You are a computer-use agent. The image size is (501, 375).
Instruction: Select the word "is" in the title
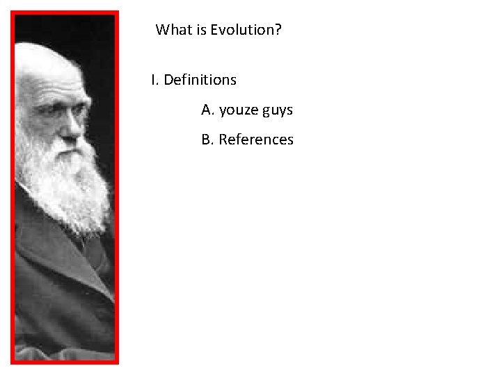[200, 30]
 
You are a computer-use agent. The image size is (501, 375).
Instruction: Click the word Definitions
[200, 80]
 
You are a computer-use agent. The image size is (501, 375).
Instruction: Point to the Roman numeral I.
[153, 80]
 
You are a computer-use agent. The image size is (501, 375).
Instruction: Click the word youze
[239, 110]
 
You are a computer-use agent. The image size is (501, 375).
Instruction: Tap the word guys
[277, 110]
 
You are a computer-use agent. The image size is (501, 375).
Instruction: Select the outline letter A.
[207, 110]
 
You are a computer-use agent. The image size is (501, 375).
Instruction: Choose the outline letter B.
[207, 140]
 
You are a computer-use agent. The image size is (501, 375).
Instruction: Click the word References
[256, 140]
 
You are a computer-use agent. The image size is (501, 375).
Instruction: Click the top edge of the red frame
[65, 13]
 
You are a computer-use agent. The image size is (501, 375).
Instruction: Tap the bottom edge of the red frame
[65, 361]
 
